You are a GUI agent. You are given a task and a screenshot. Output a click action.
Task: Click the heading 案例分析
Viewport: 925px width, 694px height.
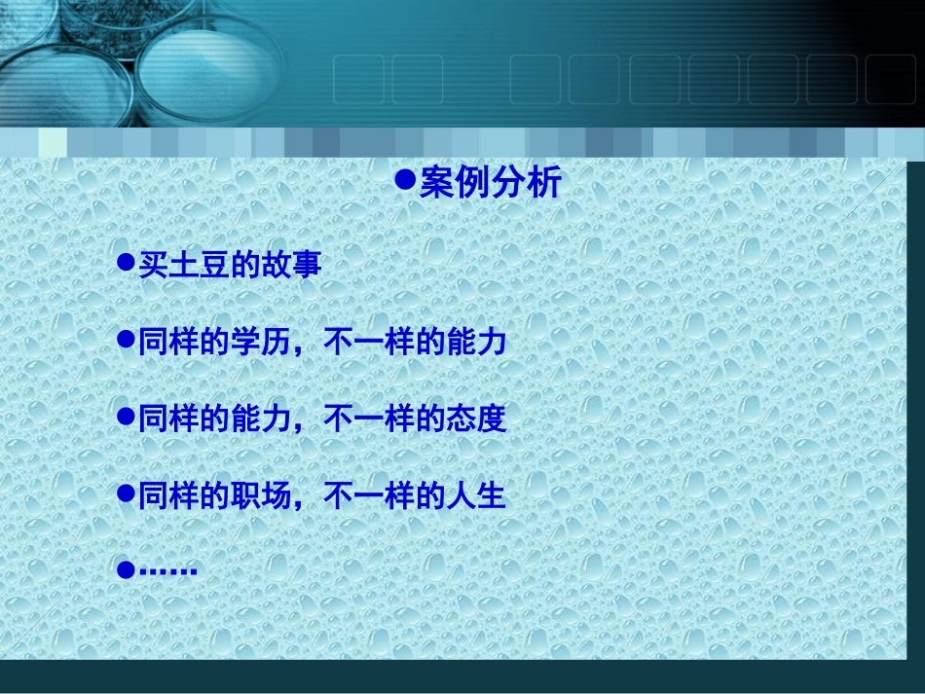(x=490, y=182)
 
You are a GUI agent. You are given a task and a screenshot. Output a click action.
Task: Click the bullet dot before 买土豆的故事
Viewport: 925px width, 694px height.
(x=124, y=262)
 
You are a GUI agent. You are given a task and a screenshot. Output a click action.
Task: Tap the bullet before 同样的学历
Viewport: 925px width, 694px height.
(x=124, y=339)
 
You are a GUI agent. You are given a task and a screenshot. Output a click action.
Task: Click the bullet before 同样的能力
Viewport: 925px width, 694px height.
(x=124, y=416)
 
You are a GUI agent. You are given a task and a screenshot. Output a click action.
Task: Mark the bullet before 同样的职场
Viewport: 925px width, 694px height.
(x=124, y=493)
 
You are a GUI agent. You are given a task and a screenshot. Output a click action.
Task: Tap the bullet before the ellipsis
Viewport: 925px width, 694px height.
(x=124, y=570)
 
